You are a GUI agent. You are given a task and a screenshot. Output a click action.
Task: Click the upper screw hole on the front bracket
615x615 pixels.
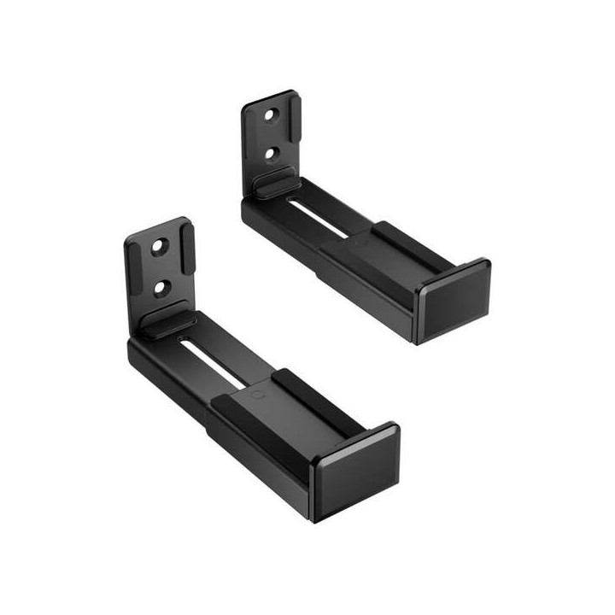tap(160, 248)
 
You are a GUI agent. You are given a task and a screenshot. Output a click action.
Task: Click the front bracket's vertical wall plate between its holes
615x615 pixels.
tap(161, 267)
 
